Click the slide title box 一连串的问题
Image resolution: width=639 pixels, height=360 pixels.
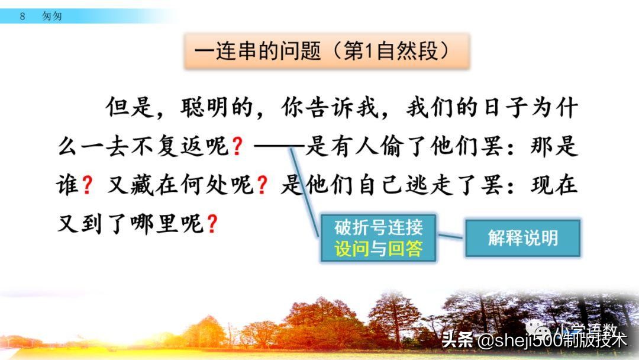(x=326, y=52)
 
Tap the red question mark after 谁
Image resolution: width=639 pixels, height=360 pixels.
(x=87, y=186)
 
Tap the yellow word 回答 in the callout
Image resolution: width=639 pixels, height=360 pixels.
(x=405, y=249)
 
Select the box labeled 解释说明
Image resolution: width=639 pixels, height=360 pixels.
(x=522, y=238)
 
